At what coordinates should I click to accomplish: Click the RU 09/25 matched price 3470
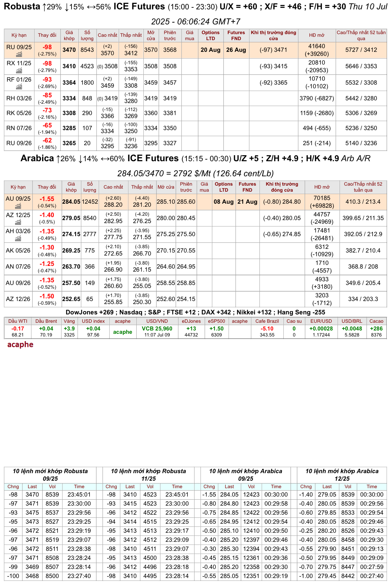coord(69,50)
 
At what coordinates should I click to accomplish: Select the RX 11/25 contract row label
coord(19,63)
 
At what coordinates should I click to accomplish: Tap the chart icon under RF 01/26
coord(19,87)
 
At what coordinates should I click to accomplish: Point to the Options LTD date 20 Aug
coord(211,50)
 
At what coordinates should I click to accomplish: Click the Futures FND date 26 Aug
coord(236,50)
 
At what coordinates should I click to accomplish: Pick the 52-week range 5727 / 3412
coord(361,50)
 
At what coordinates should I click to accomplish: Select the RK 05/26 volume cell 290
coord(87,113)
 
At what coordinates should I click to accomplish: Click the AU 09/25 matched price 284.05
coord(71,202)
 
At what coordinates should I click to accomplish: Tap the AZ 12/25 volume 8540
coord(90,218)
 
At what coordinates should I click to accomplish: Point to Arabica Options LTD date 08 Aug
coord(224,202)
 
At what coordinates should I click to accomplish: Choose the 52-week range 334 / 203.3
coord(363,299)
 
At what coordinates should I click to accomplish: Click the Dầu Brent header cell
coord(46,321)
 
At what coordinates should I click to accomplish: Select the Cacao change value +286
coord(376,328)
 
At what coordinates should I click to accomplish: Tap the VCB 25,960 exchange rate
coord(157,328)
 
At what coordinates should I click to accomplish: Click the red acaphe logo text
coord(20,345)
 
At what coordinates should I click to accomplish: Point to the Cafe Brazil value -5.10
coord(267,328)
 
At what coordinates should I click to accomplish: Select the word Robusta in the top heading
coord(22,6)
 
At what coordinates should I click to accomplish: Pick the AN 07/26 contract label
coord(18,267)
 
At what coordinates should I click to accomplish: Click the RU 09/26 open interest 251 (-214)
coord(317,143)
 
